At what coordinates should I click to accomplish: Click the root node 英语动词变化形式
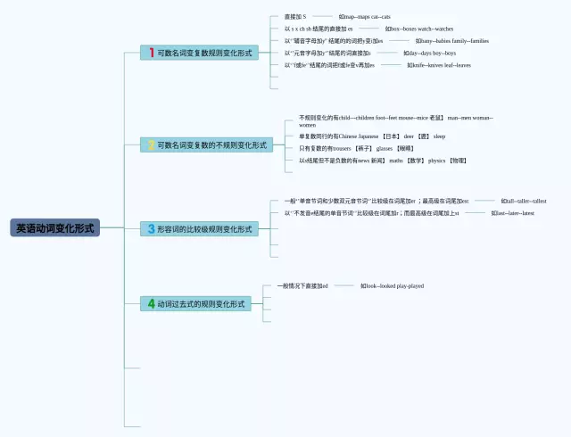point(54,228)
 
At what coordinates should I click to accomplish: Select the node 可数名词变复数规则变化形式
point(198,53)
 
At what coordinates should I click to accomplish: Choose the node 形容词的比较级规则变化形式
point(198,229)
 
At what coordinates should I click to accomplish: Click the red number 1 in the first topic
point(152,53)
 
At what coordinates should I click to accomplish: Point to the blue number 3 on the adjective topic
point(152,229)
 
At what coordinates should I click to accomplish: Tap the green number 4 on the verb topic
point(152,304)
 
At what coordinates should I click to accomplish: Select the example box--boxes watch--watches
point(419,29)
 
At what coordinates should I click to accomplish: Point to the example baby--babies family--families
point(451,41)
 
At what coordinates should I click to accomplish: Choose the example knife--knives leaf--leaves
point(439,65)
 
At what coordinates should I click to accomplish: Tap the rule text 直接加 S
point(294,17)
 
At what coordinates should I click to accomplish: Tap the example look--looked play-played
point(392,286)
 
